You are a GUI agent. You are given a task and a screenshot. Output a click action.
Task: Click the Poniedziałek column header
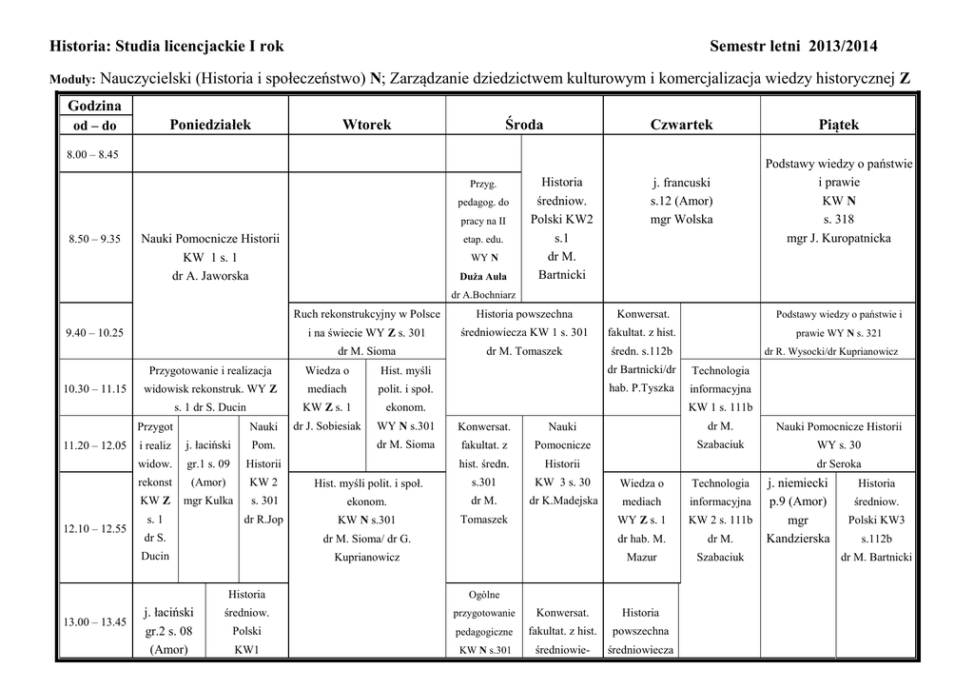[210, 125]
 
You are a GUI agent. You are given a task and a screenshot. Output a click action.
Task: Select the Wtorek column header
[366, 125]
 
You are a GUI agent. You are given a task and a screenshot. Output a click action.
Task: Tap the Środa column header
[524, 125]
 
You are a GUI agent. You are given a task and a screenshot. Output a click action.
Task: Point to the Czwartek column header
[681, 125]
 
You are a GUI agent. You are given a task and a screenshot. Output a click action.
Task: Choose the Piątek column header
[838, 125]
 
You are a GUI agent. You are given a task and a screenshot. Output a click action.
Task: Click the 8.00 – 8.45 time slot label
[93, 154]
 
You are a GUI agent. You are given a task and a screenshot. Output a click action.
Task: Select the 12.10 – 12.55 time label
[95, 528]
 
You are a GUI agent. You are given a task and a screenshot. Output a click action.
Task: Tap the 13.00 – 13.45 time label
[95, 621]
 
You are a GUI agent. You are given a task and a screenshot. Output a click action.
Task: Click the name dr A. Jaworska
[209, 276]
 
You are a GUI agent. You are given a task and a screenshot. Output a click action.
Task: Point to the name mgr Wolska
[681, 220]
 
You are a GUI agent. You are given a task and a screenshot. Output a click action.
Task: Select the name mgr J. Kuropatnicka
[838, 239]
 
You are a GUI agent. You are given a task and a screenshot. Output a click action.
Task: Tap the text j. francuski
[681, 183]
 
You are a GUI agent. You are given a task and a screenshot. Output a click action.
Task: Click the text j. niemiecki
[797, 482]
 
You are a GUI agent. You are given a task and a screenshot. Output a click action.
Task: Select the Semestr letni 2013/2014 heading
[793, 46]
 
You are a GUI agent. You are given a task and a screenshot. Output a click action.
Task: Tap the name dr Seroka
[838, 463]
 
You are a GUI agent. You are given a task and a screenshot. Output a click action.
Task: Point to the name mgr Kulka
[207, 501]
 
